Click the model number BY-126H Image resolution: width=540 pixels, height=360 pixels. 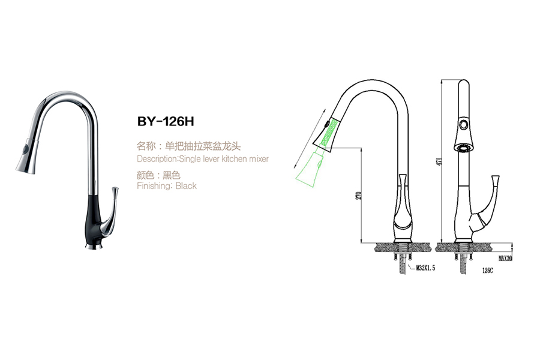coord(166,121)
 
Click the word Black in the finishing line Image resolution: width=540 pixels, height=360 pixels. coord(186,186)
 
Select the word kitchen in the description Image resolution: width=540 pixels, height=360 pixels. coord(234,159)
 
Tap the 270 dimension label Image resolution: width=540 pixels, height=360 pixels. coord(359,196)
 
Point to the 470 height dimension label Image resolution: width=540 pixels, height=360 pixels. coord(439,161)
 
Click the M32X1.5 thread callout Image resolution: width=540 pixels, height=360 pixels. coord(425,268)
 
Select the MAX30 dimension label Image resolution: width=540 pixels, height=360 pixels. coord(505,259)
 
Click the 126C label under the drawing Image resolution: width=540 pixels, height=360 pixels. coord(487,271)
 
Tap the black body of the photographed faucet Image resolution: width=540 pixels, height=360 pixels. coord(93,219)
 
